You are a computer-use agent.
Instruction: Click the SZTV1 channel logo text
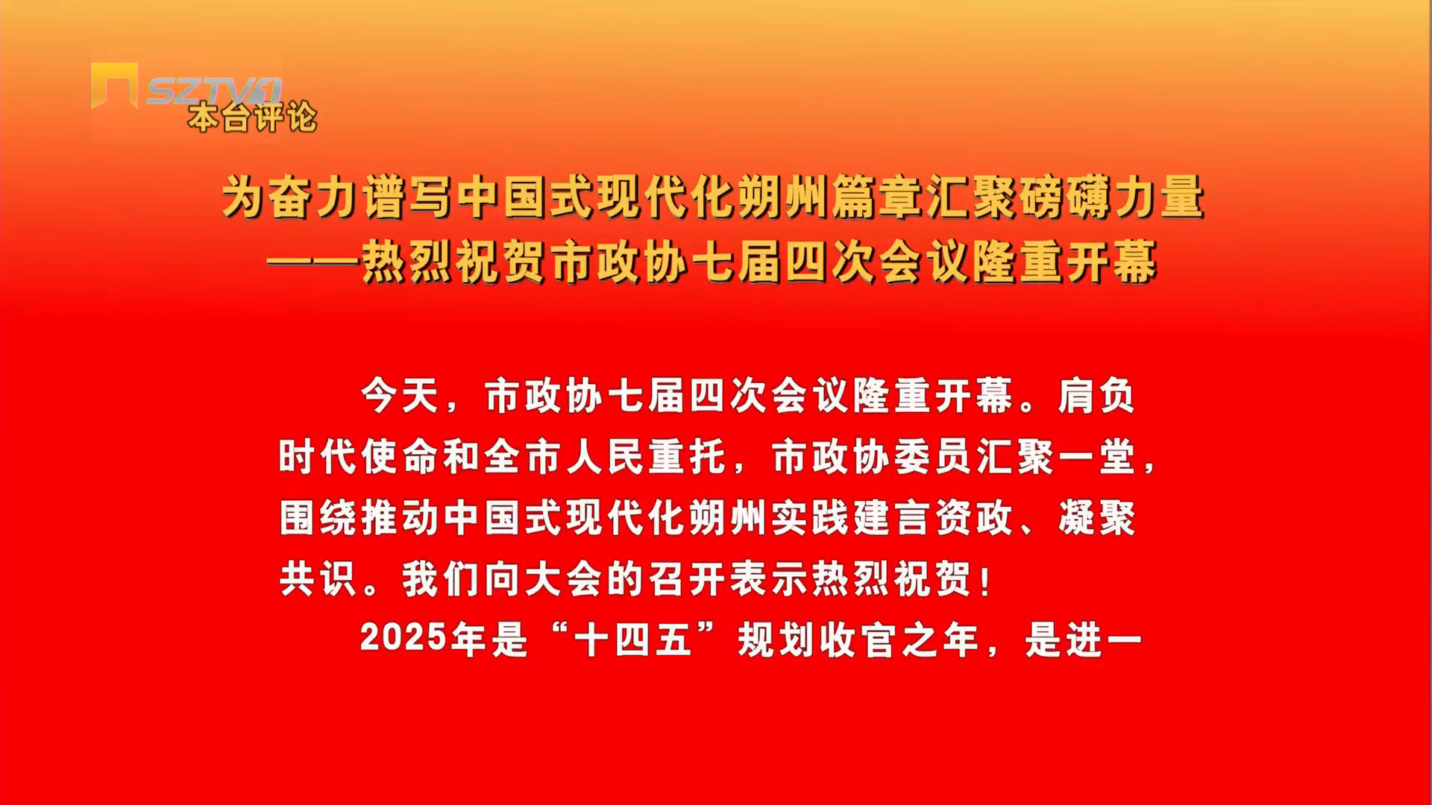coord(213,90)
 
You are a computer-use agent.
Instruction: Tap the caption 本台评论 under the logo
coord(252,118)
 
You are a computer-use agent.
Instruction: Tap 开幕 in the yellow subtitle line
coord(1111,262)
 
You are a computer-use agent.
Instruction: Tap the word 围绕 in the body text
coord(318,518)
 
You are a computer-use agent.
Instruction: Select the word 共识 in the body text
coord(318,579)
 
